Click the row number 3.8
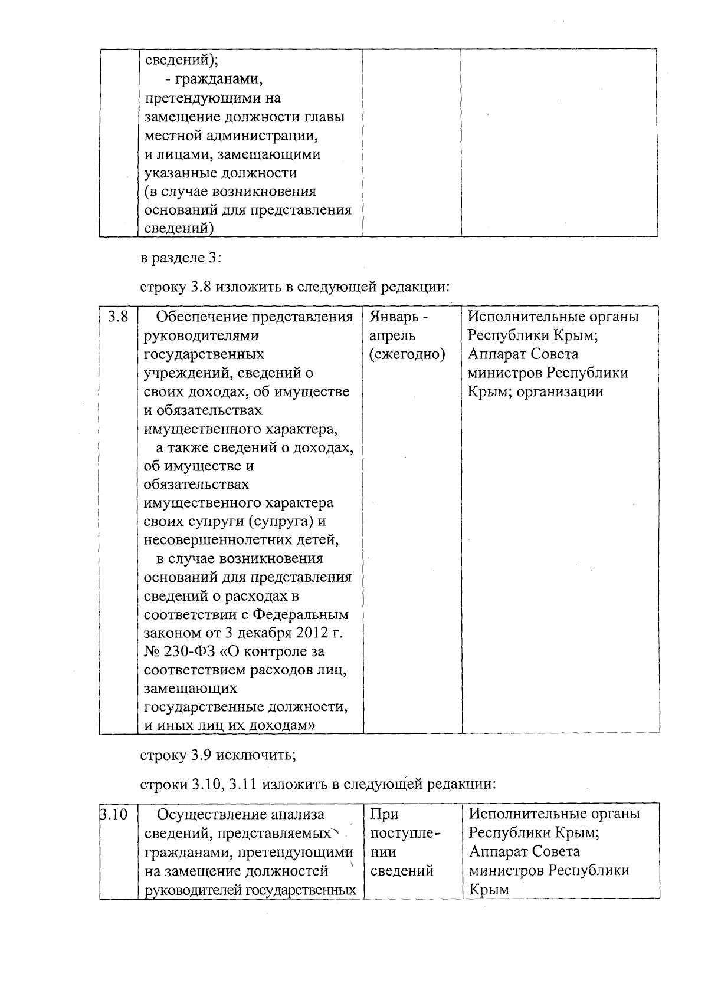pos(117,317)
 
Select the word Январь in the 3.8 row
pos(392,317)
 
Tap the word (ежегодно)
pos(407,354)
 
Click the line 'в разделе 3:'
pos(181,258)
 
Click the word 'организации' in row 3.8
pos(560,391)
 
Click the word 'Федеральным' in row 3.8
pos(301,615)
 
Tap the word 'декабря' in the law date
pos(265,633)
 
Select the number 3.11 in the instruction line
pos(242,784)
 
